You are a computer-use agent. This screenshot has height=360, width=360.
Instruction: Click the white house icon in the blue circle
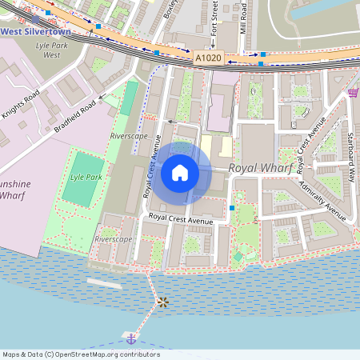tap(180, 172)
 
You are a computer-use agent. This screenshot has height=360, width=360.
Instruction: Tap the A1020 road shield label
tap(208, 58)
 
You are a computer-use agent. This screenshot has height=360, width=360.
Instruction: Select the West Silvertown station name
tap(36, 31)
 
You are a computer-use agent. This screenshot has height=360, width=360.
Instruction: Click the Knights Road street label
tap(20, 104)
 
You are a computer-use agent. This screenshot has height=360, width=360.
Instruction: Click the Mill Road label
tap(244, 16)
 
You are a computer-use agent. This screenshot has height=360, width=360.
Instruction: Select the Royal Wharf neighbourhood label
tap(259, 168)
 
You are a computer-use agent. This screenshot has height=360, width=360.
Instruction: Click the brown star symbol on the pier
tap(162, 302)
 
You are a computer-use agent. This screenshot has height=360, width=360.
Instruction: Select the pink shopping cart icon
tap(353, 94)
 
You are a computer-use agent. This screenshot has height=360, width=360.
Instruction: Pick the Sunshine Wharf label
tap(14, 189)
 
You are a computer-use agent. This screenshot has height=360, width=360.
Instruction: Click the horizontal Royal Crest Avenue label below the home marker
tap(180, 218)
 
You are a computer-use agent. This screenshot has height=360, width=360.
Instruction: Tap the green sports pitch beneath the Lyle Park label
tap(77, 193)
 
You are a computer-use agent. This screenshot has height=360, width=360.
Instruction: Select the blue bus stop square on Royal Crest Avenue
tap(232, 208)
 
